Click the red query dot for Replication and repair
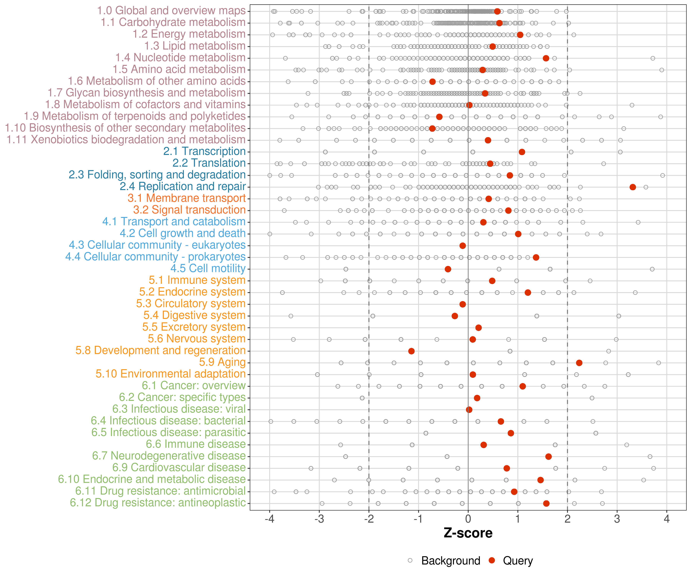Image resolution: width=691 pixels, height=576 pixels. (x=632, y=187)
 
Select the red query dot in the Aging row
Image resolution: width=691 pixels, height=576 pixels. (x=579, y=363)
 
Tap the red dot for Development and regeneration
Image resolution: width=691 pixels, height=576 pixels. (x=411, y=351)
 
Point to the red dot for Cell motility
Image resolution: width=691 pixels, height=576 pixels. (x=448, y=269)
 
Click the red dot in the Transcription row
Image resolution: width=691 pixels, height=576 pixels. (x=522, y=152)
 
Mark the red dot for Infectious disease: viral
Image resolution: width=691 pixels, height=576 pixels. (x=469, y=410)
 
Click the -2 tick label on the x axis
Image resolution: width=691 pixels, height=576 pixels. (x=369, y=519)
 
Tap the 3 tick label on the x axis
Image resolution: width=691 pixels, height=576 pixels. (x=617, y=519)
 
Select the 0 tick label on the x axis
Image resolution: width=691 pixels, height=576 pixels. (x=468, y=519)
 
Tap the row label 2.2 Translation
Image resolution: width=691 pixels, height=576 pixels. (x=209, y=163)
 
